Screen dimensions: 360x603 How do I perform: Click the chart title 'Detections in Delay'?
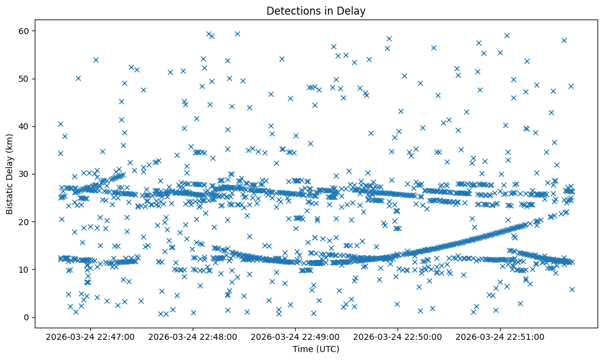coord(316,10)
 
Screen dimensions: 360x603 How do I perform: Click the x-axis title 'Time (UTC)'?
coord(316,349)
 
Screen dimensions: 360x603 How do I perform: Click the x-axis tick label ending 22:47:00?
coord(91,336)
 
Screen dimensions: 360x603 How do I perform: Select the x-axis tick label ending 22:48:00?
coord(193,336)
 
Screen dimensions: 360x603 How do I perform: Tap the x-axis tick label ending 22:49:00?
coord(296,336)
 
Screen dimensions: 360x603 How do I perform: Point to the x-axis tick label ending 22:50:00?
coord(398,336)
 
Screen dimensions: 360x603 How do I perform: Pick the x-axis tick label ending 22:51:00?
coord(501,336)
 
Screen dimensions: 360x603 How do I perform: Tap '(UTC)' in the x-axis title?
coord(327,349)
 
